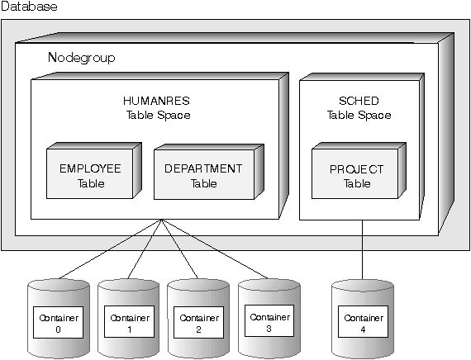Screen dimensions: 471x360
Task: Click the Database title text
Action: pos(29,7)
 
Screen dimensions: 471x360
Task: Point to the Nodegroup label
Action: pos(82,57)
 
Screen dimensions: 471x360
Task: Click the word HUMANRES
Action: pos(156,101)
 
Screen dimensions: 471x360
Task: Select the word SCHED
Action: pos(359,101)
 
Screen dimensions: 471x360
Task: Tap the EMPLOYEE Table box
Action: pos(89,173)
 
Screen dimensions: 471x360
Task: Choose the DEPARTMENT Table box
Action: pos(204,174)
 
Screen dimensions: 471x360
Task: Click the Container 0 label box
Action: pos(58,322)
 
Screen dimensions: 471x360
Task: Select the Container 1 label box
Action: pos(129,321)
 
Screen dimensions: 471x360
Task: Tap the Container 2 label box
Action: pos(198,322)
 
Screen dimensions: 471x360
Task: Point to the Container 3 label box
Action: pos(269,320)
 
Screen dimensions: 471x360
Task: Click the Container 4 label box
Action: pos(363,321)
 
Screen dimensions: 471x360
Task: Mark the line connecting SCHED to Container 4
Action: pos(362,250)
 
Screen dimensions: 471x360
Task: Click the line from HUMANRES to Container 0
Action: pos(110,249)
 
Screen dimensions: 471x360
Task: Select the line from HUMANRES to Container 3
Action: pos(215,249)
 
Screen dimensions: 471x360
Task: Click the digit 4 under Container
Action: pos(363,329)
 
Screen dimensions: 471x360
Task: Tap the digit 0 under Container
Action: pos(58,329)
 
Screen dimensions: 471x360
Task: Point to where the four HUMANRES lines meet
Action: pos(162,220)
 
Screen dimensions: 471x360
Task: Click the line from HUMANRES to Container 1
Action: pos(145,249)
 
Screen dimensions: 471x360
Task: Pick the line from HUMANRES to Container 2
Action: pos(179,249)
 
